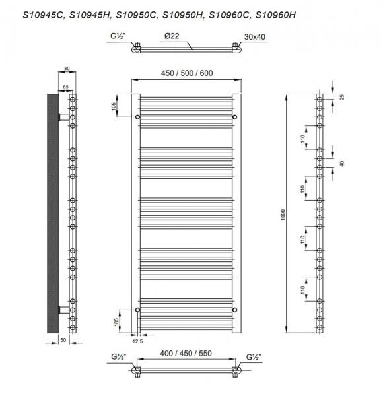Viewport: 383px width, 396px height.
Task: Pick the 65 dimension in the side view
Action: (65, 86)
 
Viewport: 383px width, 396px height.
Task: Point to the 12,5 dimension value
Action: (138, 341)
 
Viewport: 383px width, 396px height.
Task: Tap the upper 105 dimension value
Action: (114, 106)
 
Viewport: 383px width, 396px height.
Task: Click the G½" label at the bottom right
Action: (254, 358)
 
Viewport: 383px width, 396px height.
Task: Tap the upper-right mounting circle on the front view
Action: (233, 117)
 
